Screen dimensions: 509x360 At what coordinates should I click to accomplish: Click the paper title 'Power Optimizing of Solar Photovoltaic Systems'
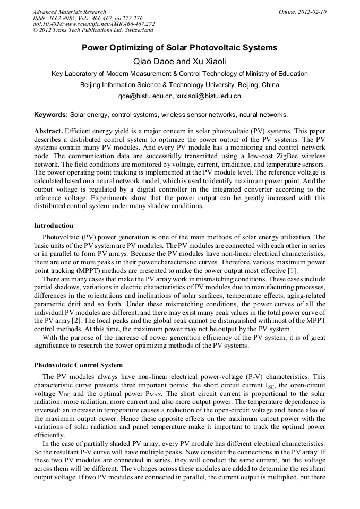[179, 48]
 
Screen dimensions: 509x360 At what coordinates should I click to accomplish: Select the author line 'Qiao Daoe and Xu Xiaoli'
[179, 61]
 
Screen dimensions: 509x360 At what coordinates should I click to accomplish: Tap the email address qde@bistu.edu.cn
[145, 97]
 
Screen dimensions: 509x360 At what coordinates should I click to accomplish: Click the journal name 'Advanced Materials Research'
[69, 12]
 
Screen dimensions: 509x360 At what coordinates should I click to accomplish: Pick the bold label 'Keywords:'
[51, 115]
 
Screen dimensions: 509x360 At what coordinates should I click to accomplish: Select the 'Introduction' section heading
[54, 226]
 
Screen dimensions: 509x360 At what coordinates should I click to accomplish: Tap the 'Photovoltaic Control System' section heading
[78, 365]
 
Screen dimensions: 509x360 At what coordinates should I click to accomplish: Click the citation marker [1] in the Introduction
[320, 272]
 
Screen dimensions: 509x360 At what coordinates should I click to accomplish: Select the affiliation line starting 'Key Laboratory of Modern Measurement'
[179, 74]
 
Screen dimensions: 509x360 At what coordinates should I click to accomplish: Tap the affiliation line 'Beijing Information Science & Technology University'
[179, 85]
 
